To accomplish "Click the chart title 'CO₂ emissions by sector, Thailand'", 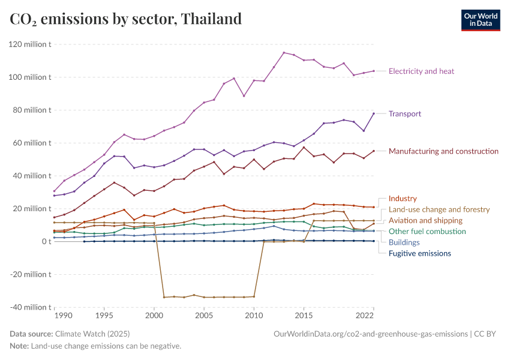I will (126, 19).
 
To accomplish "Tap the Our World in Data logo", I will (481, 20).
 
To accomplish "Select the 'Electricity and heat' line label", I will (421, 71).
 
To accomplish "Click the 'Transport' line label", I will (404, 114).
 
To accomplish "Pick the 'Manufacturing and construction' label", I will (443, 151).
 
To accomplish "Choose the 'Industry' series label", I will (403, 199).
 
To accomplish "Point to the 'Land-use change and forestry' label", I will (439, 209).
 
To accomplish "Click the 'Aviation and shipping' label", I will (425, 221).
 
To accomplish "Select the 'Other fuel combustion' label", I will (427, 232).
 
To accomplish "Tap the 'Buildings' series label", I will (404, 243).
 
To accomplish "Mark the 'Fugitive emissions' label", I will (419, 254).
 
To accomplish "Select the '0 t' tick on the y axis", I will (46, 241).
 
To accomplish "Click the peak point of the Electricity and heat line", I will (284, 53).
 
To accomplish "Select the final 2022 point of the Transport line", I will (374, 113).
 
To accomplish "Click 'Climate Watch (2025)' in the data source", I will (92, 334).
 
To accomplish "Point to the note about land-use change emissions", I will (95, 346).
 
